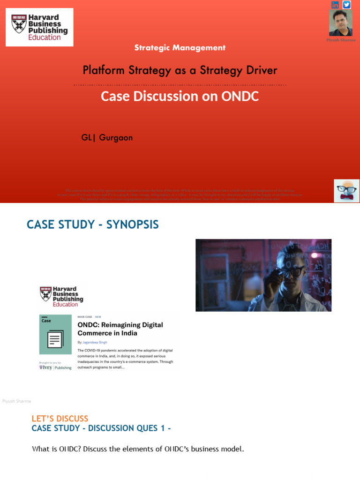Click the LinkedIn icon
[x=335, y=5]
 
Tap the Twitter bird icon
[x=347, y=5]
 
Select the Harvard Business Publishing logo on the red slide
[x=39, y=27]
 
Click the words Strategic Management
[x=180, y=48]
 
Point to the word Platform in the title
[x=102, y=70]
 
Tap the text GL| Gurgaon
[x=107, y=138]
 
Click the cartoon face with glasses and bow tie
[x=346, y=191]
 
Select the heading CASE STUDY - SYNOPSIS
[x=93, y=225]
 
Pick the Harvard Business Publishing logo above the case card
[x=62, y=297]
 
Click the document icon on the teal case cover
[x=55, y=338]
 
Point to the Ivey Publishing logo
[x=55, y=367]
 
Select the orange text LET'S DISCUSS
[x=60, y=419]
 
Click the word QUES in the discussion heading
[x=148, y=428]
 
